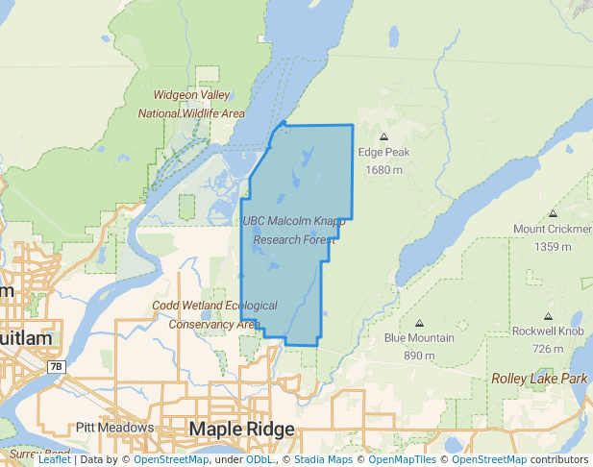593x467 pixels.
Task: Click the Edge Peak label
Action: [383, 152]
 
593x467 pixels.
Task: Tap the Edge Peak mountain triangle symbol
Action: [384, 136]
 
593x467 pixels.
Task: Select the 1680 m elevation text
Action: [383, 170]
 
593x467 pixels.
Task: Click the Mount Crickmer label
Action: [553, 229]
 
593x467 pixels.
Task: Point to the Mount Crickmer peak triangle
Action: [551, 213]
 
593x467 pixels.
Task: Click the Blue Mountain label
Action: [419, 338]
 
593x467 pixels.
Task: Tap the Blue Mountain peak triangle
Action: [419, 323]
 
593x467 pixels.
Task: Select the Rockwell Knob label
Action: [548, 332]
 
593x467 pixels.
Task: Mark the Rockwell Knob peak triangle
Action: [548, 316]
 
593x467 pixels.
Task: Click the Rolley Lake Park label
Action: [539, 379]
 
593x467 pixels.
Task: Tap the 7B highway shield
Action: [56, 367]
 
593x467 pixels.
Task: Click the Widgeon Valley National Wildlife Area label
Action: [191, 104]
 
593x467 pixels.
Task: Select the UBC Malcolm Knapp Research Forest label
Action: [293, 229]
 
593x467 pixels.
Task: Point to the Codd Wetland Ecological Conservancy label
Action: [214, 314]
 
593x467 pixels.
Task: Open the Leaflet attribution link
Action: [54, 459]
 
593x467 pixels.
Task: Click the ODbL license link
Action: [259, 459]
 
